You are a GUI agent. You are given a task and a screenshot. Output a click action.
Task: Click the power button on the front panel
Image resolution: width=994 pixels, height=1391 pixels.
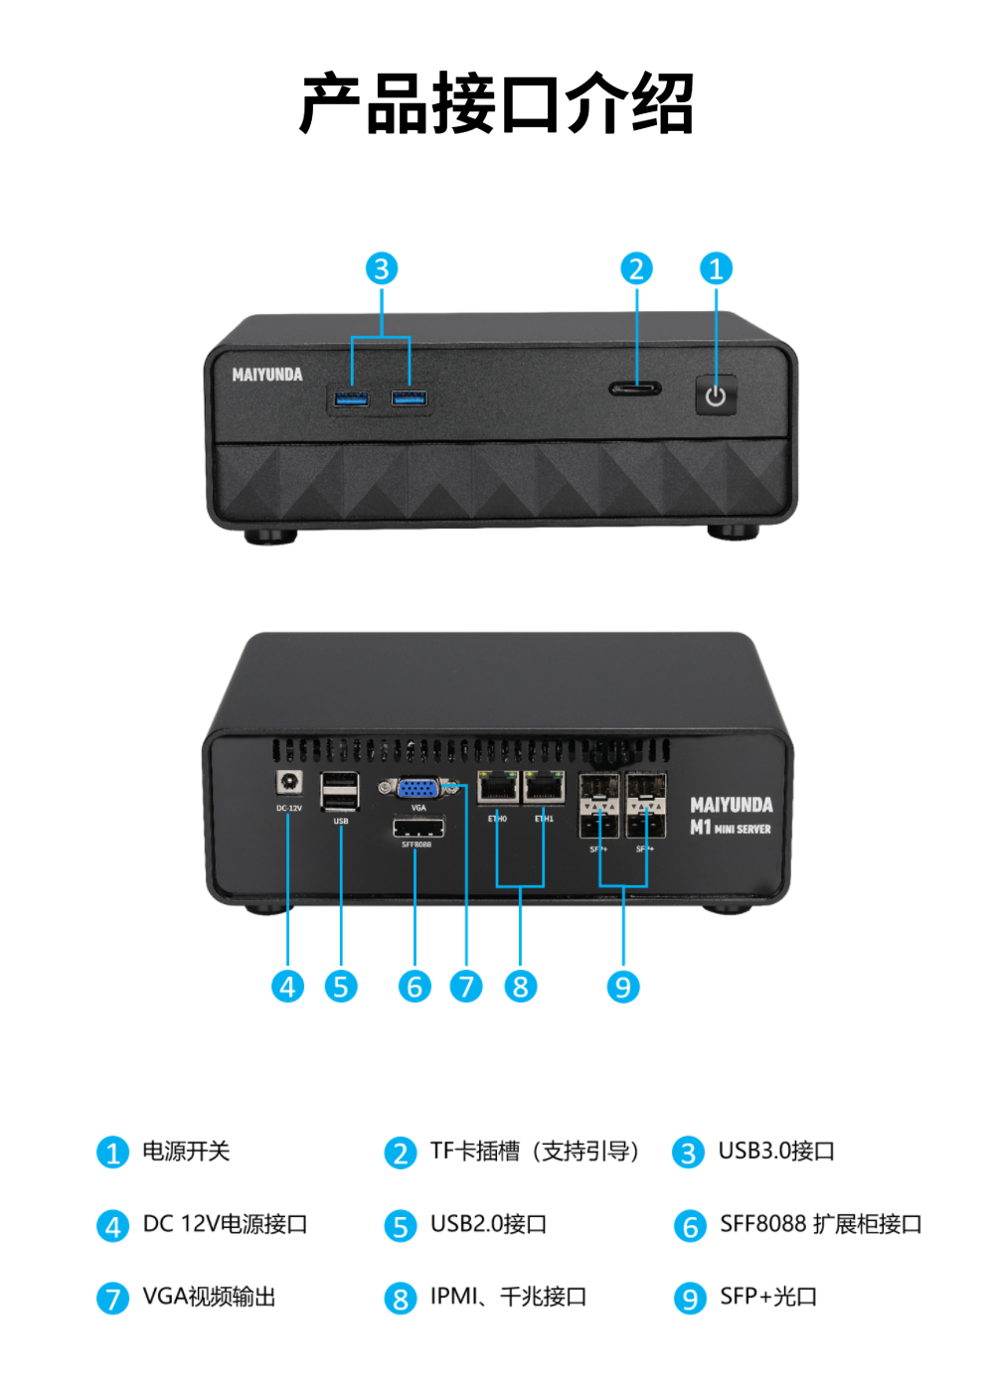[x=716, y=395]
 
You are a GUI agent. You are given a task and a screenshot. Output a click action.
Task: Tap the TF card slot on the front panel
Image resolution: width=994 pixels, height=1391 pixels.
[x=635, y=387]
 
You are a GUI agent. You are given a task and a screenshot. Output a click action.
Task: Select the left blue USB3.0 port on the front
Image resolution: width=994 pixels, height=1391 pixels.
[x=351, y=398]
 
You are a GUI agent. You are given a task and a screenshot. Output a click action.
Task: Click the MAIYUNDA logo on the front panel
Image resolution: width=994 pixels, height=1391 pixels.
[x=267, y=375]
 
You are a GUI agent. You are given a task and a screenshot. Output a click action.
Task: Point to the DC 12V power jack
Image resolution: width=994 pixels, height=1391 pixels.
[x=289, y=782]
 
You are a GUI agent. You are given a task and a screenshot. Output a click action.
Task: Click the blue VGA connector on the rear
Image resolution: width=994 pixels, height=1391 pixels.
[x=418, y=789]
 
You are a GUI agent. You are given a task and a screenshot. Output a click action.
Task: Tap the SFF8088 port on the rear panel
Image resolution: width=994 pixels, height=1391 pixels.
[x=418, y=828]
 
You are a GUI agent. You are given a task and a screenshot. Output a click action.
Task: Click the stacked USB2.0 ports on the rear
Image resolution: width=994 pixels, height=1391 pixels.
[x=340, y=792]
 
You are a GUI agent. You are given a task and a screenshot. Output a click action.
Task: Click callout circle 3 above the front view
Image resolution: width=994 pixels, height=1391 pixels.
[x=382, y=268]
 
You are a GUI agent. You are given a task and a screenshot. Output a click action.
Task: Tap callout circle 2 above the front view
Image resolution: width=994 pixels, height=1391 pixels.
[x=637, y=268]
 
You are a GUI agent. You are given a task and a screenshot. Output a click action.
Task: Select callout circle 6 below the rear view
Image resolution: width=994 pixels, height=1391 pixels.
[x=414, y=987]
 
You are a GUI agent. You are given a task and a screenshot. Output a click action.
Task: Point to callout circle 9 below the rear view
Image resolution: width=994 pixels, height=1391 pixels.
[x=623, y=987]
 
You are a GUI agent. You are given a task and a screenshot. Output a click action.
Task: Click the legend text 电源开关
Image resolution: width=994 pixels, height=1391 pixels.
[x=186, y=1152]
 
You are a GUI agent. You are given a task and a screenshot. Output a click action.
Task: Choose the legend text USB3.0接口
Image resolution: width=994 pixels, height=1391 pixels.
[x=776, y=1152]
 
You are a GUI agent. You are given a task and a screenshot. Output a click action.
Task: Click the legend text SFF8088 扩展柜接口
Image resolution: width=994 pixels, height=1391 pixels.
[x=821, y=1224]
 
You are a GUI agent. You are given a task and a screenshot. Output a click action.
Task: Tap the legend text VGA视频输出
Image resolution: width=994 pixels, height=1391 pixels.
[x=209, y=1297]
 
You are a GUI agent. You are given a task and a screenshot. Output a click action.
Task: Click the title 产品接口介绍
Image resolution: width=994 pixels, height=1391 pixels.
[x=497, y=103]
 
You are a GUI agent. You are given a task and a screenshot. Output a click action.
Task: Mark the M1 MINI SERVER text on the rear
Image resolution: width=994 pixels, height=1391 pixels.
[x=731, y=828]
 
